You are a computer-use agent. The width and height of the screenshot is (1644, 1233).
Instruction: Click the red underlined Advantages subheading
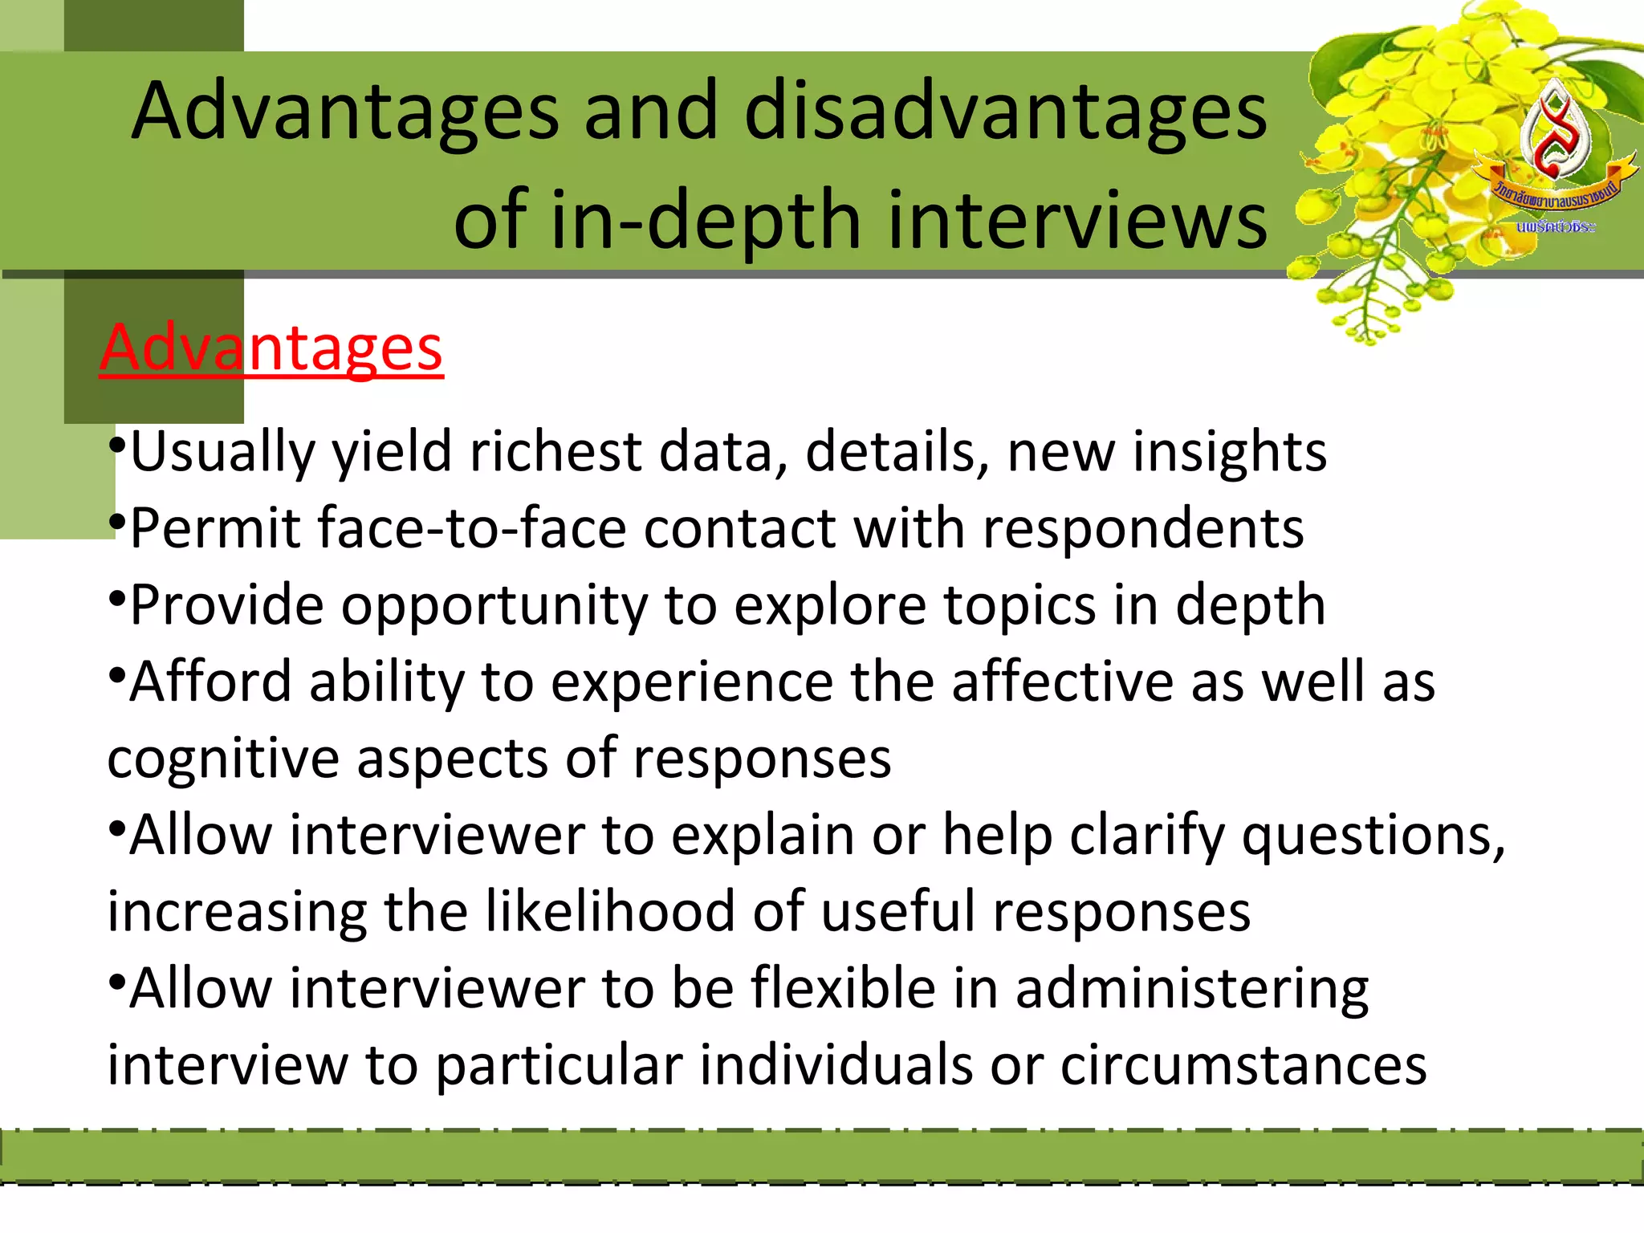click(271, 348)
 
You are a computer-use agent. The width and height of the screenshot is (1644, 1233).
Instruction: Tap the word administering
click(1192, 988)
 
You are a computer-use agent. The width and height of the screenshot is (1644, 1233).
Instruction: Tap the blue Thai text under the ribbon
click(1555, 227)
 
